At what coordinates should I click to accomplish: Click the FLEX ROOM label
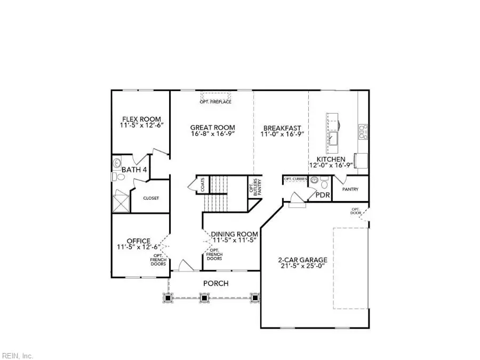pos(141,119)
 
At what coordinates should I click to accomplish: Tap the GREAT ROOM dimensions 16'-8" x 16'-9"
pos(212,134)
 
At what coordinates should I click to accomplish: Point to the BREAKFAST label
pos(282,128)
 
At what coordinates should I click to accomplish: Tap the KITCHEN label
pos(331,159)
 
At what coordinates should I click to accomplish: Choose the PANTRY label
pos(350,189)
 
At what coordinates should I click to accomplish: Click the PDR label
pos(323,195)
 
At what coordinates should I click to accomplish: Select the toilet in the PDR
pos(323,185)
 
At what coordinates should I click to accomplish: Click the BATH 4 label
pos(134,170)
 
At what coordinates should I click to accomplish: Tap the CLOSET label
pos(150,198)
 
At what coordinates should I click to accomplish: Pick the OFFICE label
pos(138,241)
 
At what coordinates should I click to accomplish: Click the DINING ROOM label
pos(234,234)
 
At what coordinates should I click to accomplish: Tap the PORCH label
pos(216,283)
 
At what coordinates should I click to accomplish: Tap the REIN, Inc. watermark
pos(18,355)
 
